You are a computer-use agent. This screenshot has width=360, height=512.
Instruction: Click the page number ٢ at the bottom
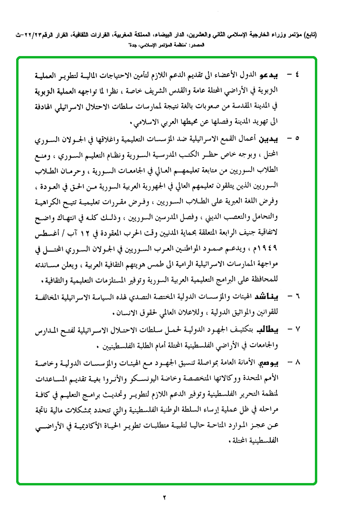pyautogui.click(x=165, y=497)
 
